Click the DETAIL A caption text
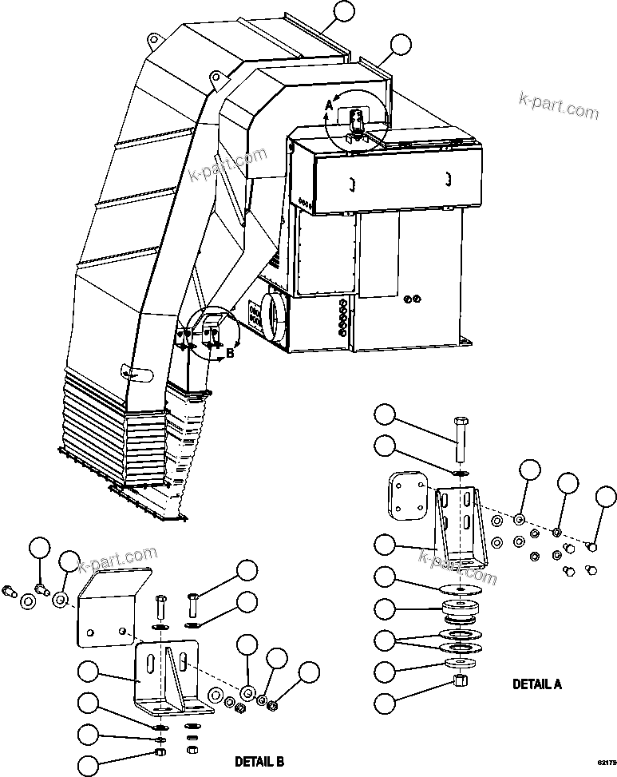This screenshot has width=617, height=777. click(x=536, y=684)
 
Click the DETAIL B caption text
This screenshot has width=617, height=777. click(x=259, y=761)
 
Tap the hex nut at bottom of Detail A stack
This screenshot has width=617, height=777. click(x=459, y=680)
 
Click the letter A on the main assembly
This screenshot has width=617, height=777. click(x=328, y=105)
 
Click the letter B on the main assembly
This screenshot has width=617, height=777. click(x=230, y=351)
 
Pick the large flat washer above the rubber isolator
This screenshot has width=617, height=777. click(x=459, y=589)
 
